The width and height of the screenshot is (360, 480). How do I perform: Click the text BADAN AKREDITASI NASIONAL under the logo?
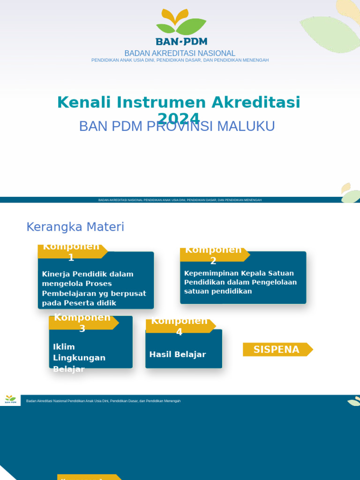180,53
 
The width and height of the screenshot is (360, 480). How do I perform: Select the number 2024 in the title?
179,118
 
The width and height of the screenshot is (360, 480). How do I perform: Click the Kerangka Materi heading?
75,227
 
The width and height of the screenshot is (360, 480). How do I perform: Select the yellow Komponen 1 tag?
71,252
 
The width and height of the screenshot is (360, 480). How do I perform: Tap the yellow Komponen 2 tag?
214,255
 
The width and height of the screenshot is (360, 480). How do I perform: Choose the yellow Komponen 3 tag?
82,323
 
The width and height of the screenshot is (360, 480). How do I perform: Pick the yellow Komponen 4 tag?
180,326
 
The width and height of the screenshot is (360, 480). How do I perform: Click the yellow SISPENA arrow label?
277,349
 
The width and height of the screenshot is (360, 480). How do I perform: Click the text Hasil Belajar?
178,354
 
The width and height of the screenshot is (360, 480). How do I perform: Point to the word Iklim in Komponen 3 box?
64,347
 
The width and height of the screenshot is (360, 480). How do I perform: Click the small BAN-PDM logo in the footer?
10,399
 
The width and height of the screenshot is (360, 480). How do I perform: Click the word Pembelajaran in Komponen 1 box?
69,293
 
